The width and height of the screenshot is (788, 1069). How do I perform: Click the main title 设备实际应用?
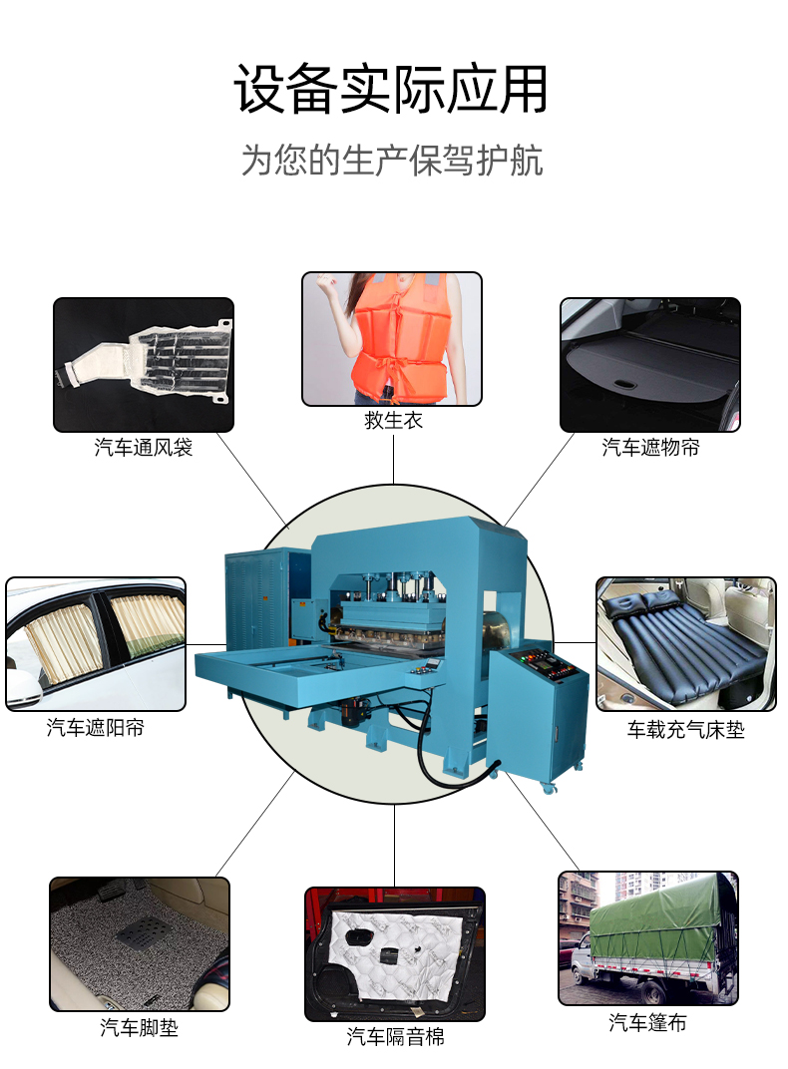pos(391,90)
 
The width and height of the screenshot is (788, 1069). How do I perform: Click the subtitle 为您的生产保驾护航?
pos(392,161)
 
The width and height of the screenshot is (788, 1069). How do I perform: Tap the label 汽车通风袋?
pos(144,447)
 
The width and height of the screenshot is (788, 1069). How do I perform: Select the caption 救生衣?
pos(393,420)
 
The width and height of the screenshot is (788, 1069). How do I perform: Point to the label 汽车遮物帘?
pos(650,447)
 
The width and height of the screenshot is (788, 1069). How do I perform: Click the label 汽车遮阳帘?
pos(96,727)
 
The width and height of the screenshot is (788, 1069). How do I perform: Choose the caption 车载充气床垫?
pos(685,730)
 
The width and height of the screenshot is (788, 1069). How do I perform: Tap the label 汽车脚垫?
pos(139,1027)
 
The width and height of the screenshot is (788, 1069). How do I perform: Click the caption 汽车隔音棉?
pos(395,1037)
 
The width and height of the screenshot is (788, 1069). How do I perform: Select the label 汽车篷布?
pos(647,1023)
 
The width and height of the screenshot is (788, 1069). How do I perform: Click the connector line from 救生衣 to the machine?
pos(393,460)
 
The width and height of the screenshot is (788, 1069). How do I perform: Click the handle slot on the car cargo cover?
pos(623,384)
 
